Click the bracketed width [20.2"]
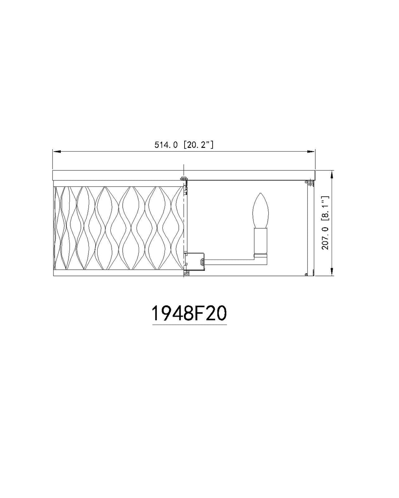point(198,145)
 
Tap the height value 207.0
point(325,238)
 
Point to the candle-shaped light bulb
point(260,210)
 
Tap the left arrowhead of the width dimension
point(57,152)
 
